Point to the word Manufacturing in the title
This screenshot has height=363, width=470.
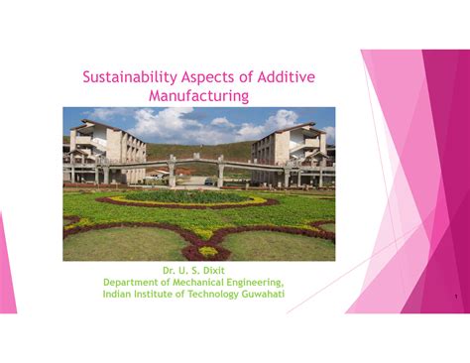coord(198,95)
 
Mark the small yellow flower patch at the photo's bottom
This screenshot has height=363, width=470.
coord(208,251)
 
